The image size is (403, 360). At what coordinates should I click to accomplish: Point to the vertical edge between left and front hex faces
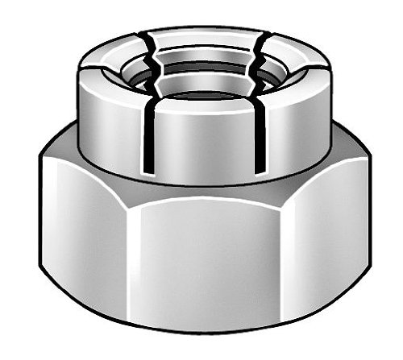point(130,258)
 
